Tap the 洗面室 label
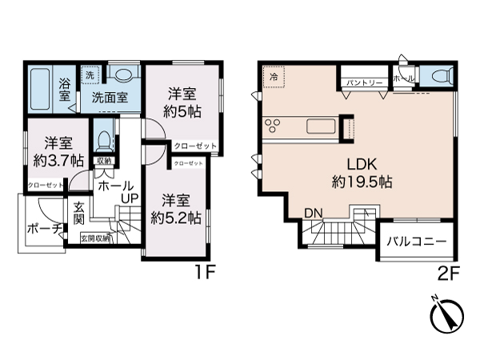110,98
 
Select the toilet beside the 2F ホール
437,77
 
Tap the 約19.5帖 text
362,182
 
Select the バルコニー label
416,240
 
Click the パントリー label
364,81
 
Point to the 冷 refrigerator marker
274,77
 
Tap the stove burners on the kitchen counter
274,126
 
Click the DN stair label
313,213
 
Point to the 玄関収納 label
96,238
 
